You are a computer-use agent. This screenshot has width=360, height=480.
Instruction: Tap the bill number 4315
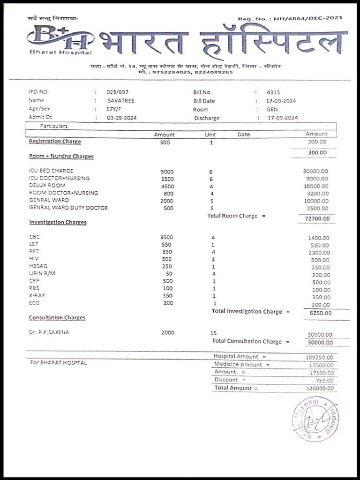pos(273,92)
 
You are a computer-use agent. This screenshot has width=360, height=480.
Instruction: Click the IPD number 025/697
pos(117,92)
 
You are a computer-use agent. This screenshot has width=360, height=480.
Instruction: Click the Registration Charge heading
pos(55,142)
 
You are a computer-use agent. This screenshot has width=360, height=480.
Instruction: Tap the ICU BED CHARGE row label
pos(51,171)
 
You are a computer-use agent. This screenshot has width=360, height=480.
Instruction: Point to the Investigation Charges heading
pos(58,222)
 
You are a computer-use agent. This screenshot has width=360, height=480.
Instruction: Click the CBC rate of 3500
pos(166,237)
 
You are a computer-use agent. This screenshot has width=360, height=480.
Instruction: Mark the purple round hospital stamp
pos(315,419)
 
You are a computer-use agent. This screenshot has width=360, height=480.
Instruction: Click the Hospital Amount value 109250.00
pos(319,357)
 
